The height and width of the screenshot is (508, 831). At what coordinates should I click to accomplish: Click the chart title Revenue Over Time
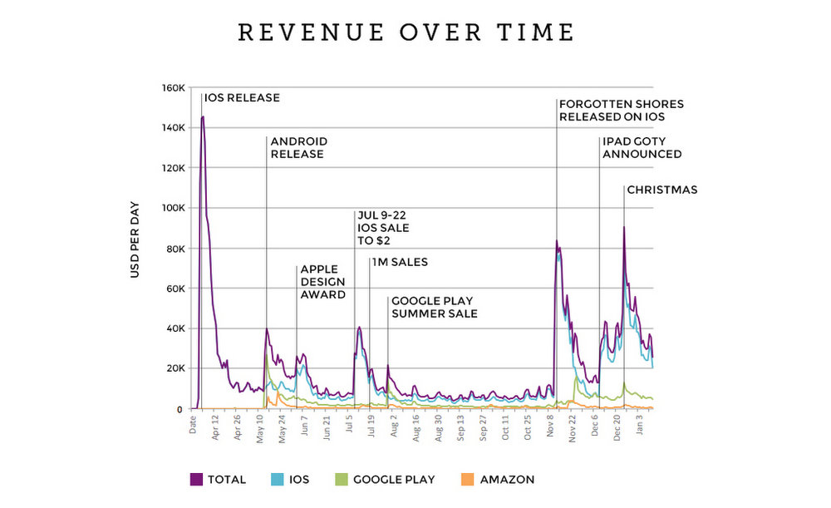click(406, 32)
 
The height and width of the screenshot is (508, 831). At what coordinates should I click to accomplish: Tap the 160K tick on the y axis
click(174, 87)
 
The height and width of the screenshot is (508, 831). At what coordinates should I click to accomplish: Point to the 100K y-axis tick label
click(174, 208)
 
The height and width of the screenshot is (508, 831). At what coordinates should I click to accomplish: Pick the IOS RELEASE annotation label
click(242, 98)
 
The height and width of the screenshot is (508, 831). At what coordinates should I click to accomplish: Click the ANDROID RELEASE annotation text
click(298, 147)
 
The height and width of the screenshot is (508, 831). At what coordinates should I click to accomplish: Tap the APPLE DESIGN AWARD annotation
click(323, 282)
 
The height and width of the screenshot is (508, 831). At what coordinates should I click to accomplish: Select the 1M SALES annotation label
click(400, 263)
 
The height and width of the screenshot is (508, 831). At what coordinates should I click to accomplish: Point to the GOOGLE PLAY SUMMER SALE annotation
click(435, 307)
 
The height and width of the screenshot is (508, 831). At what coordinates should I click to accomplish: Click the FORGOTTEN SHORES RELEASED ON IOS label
click(622, 111)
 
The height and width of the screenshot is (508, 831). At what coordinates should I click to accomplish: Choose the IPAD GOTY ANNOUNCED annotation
click(642, 147)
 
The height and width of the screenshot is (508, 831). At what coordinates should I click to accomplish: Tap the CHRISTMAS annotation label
click(661, 190)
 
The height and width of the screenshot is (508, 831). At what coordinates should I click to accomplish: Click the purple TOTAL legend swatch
click(197, 479)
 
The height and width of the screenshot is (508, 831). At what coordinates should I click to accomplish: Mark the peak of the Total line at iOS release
click(203, 117)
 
